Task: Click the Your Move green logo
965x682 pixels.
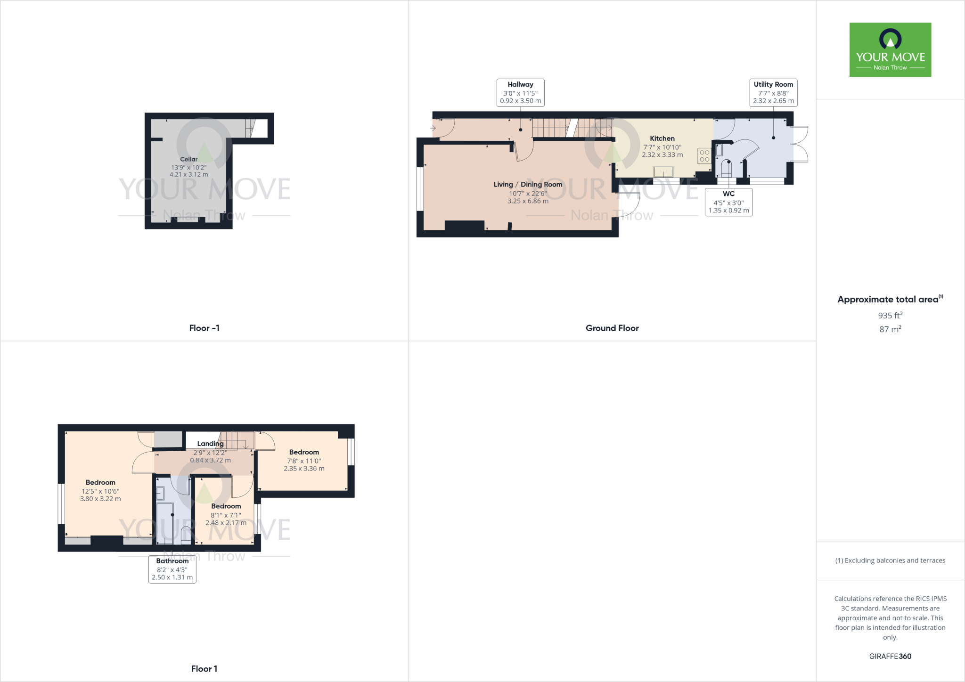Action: (890, 49)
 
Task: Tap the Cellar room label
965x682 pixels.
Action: (188, 159)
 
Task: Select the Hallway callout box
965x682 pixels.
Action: (520, 92)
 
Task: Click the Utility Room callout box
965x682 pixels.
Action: (773, 92)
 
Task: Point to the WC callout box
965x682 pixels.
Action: (728, 202)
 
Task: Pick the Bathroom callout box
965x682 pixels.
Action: (172, 569)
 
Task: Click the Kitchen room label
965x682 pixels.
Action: (662, 138)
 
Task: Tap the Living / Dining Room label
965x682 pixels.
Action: (528, 185)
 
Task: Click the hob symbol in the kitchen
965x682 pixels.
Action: (704, 156)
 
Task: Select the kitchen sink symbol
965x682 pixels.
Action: (663, 172)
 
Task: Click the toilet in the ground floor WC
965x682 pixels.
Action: (727, 169)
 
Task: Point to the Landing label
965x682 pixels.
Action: (210, 444)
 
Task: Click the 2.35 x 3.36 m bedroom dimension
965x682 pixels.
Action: (304, 469)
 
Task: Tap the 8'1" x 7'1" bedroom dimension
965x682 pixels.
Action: (226, 515)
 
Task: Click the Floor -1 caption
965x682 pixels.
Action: (204, 328)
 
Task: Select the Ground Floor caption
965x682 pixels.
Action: (612, 328)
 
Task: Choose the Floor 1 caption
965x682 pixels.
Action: (204, 669)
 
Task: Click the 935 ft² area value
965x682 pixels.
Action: (890, 316)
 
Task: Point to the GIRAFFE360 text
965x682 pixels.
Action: (890, 656)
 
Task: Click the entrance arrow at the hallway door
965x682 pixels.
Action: (433, 128)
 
